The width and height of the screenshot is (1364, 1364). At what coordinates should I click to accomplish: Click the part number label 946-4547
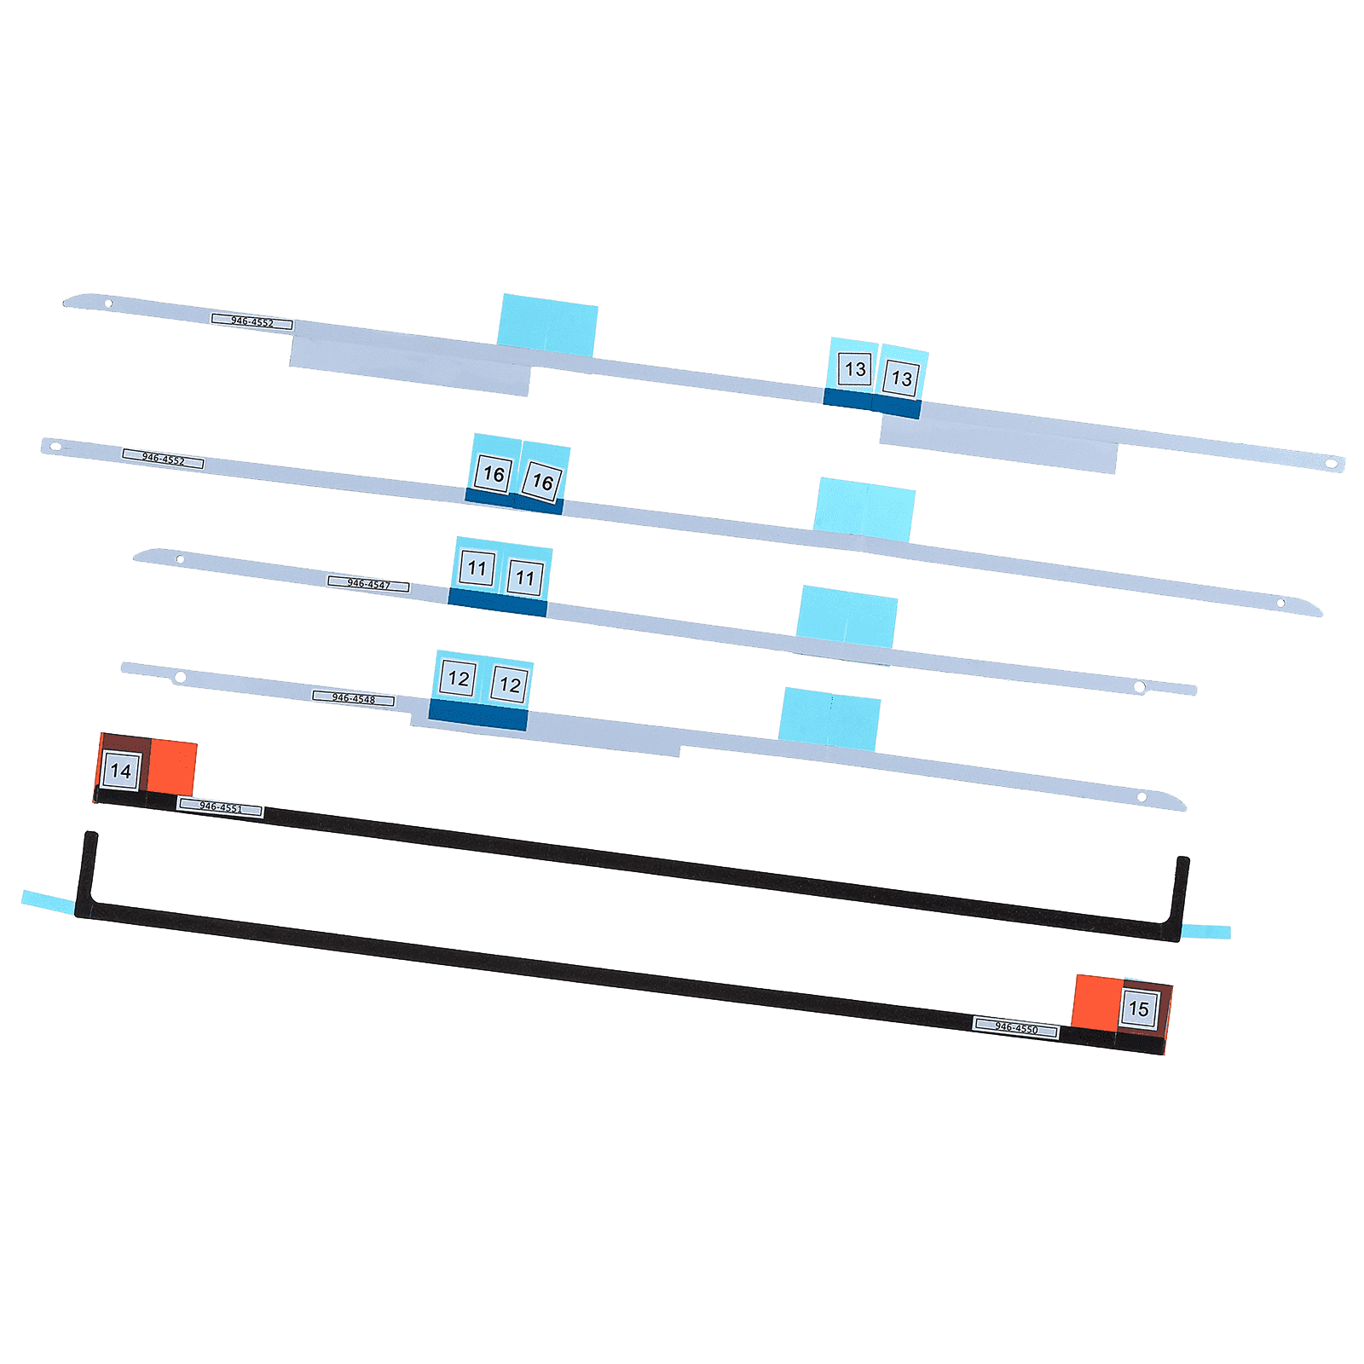click(x=368, y=585)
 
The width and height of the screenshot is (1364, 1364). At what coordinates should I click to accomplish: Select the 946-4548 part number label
click(x=353, y=699)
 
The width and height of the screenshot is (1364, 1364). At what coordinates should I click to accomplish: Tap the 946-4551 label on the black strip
click(x=220, y=806)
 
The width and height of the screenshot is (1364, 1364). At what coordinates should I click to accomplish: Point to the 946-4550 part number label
click(x=1015, y=1027)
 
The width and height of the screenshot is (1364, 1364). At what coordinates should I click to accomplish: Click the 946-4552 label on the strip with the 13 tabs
click(x=251, y=322)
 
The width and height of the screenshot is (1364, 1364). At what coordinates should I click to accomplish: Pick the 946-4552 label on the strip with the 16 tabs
click(x=163, y=459)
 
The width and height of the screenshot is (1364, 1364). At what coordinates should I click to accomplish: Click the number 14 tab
click(x=121, y=772)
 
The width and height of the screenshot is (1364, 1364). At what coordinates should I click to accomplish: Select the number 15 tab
click(x=1138, y=1009)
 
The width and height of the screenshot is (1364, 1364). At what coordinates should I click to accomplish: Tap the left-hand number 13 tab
click(x=855, y=369)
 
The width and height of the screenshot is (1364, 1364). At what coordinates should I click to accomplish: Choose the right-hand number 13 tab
click(x=901, y=379)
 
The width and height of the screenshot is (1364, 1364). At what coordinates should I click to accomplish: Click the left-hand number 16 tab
click(x=494, y=474)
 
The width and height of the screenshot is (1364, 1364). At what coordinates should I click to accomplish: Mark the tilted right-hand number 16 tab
click(x=542, y=482)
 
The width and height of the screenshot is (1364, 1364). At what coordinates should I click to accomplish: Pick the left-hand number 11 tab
click(x=477, y=568)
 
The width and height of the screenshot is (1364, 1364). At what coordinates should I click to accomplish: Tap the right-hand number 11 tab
click(x=524, y=577)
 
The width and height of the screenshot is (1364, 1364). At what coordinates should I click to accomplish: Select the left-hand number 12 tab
click(x=459, y=679)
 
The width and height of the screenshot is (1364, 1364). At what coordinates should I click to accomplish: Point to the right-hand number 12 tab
click(x=510, y=685)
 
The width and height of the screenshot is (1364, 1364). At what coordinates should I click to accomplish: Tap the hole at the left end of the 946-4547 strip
click(x=180, y=560)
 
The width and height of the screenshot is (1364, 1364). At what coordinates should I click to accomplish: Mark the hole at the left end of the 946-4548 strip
click(x=180, y=678)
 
